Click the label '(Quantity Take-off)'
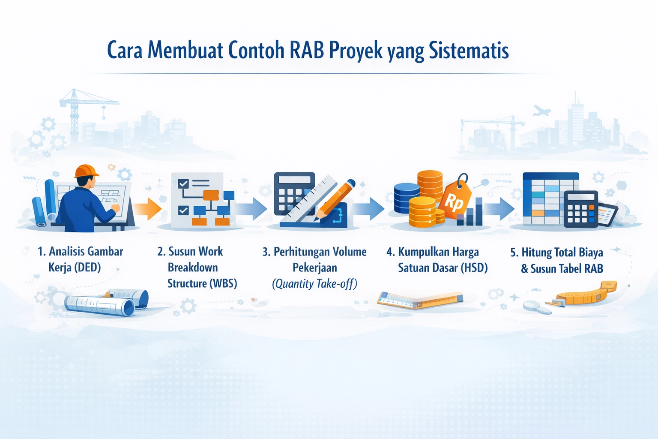[314, 284]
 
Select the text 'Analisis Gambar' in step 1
[86, 251]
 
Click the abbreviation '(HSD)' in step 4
[474, 268]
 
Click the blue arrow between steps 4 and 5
[499, 209]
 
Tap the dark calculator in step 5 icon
[580, 209]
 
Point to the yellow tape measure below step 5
[587, 294]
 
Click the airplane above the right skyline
[541, 111]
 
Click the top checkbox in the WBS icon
[183, 183]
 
